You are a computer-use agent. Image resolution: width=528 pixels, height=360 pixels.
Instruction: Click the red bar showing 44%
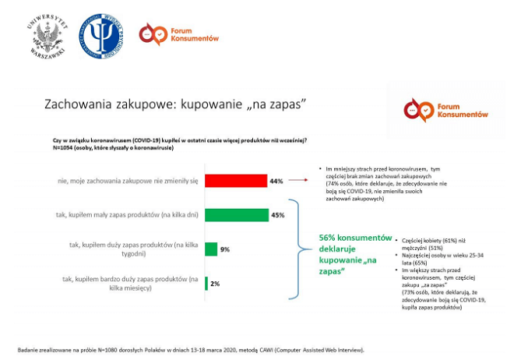tap(235, 181)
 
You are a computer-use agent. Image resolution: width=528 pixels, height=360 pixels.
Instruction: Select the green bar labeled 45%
tap(236, 214)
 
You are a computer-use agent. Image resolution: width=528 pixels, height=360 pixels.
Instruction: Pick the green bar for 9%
tap(210, 249)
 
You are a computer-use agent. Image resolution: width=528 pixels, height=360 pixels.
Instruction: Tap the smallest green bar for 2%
tap(206, 283)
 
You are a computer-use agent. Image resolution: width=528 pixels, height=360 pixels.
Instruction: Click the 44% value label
tap(276, 181)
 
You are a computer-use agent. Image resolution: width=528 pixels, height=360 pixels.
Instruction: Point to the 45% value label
tap(276, 214)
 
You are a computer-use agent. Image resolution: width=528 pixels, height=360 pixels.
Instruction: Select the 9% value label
tap(224, 249)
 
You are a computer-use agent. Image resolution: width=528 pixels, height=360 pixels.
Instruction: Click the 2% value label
tap(215, 283)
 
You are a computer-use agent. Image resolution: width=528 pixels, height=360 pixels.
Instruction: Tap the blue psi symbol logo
tap(101, 35)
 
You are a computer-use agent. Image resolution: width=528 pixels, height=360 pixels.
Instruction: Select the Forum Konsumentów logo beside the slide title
tap(445, 110)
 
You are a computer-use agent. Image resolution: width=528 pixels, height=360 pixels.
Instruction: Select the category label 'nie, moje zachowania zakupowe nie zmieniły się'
tap(128, 181)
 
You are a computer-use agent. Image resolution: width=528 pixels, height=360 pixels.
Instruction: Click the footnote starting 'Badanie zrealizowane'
tap(190, 350)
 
